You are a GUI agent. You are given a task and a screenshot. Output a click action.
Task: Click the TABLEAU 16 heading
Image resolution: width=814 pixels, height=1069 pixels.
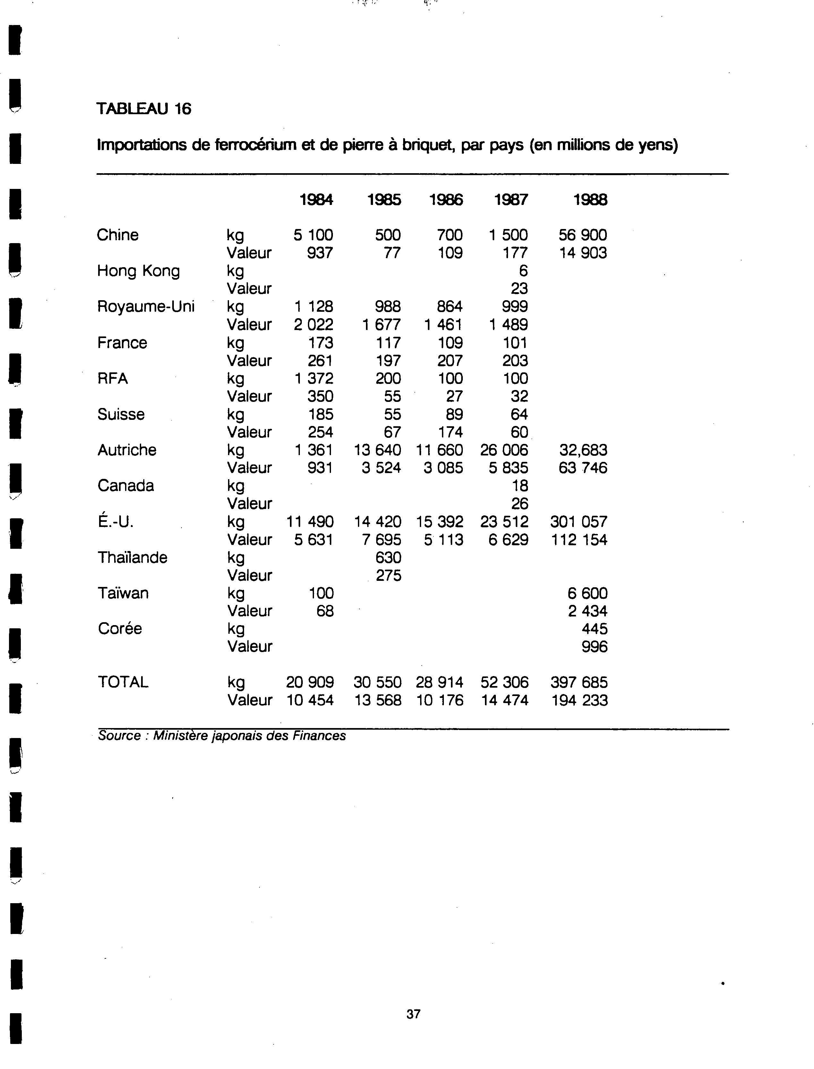point(144,108)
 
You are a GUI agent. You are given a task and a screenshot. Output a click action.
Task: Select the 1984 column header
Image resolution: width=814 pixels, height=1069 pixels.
point(316,199)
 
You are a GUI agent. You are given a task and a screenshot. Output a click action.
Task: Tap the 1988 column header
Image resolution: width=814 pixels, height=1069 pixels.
point(590,199)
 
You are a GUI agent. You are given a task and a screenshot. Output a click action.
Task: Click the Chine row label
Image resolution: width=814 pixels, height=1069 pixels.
point(118,235)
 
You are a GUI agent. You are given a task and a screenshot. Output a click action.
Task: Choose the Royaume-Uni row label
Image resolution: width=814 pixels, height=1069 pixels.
point(146,307)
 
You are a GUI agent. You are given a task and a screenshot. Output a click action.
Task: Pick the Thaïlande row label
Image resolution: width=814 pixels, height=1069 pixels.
point(132,558)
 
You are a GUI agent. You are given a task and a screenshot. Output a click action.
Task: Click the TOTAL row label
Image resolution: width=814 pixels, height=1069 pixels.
point(123,682)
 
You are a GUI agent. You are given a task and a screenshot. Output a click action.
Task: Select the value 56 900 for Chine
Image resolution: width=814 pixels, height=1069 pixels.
point(582,235)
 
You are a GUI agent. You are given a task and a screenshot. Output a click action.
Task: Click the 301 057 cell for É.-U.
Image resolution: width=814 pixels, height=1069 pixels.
point(579,522)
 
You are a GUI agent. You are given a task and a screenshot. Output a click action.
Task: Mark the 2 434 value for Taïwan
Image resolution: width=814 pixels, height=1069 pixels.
point(587,611)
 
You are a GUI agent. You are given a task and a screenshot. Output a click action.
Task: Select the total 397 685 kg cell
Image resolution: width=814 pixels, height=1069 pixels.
point(579,682)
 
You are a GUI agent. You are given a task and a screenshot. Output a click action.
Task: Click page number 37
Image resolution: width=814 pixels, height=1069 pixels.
point(413,1014)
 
